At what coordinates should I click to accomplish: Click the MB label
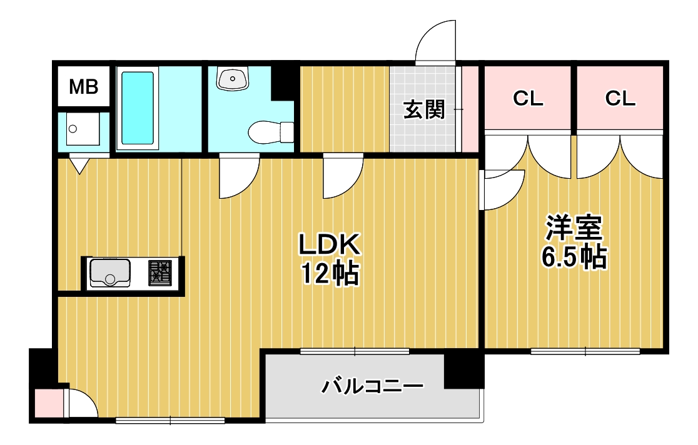point(83,87)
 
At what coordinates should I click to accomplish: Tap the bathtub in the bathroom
point(138,108)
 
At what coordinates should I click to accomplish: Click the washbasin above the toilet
point(233,78)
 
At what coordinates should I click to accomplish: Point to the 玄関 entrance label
point(424,109)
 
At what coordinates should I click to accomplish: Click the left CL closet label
point(528,98)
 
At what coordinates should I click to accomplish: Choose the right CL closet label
point(620,98)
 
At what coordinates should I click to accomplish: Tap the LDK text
point(329,244)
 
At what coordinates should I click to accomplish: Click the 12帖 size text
point(330,273)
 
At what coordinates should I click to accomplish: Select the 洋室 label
point(574,228)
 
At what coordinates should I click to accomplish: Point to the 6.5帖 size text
point(574,257)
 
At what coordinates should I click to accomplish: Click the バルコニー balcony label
point(372,386)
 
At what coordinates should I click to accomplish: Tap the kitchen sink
point(110,272)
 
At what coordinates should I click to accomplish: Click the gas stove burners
point(160,272)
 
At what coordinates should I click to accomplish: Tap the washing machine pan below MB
point(83,129)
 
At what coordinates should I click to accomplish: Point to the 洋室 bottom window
point(585,351)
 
